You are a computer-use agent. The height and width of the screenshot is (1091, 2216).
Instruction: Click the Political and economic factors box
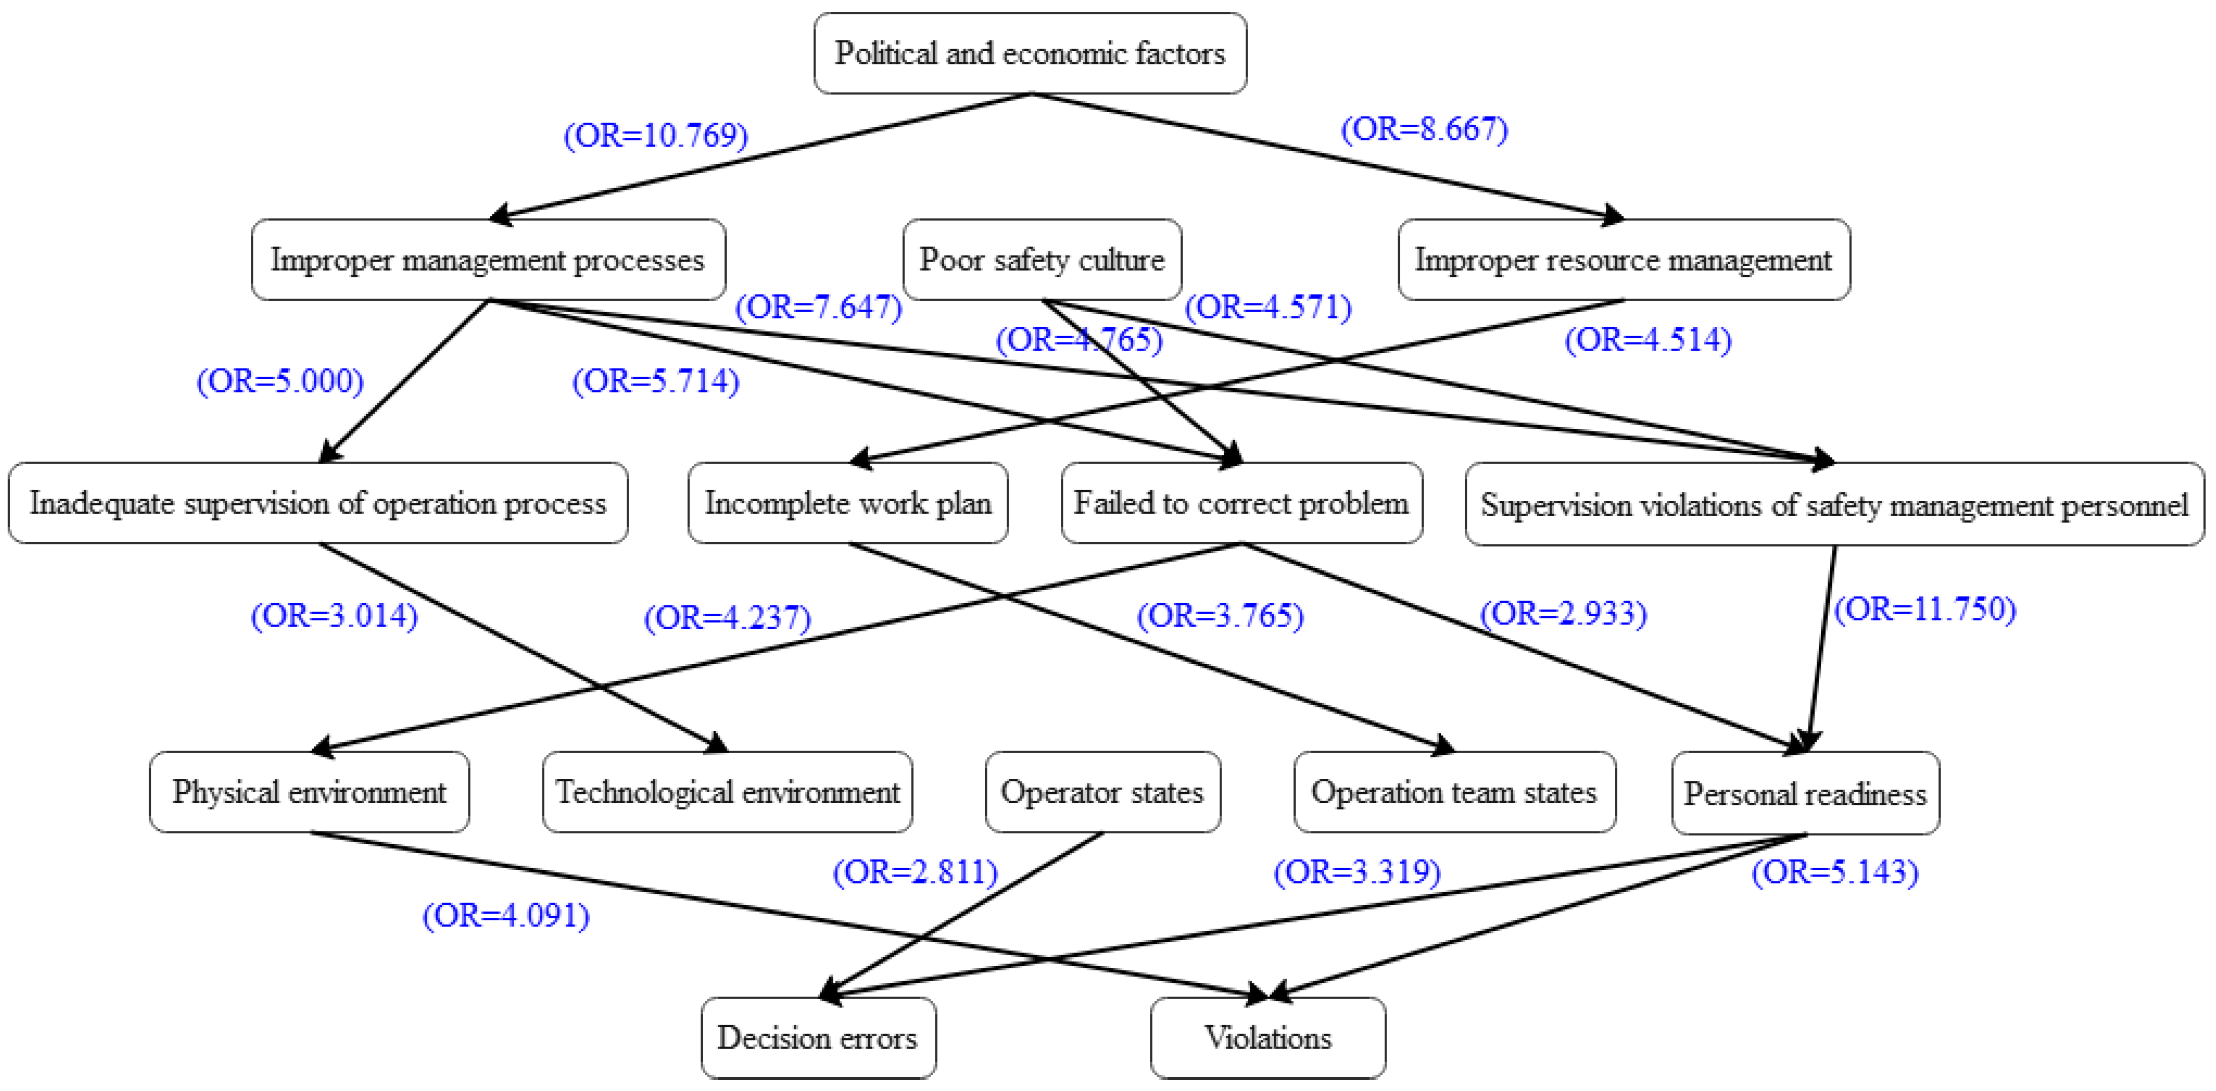[x=1030, y=53]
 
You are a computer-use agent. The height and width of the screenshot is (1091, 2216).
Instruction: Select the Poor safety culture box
[x=1042, y=259]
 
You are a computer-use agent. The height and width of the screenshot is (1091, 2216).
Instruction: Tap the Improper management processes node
[x=488, y=259]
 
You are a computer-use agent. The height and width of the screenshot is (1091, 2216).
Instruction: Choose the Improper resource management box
[x=1623, y=259]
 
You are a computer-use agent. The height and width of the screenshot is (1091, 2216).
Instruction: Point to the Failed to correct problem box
[x=1242, y=502]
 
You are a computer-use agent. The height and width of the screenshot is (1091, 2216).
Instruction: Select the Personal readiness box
[x=1805, y=793]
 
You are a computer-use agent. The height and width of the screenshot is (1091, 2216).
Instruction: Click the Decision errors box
[x=817, y=1038]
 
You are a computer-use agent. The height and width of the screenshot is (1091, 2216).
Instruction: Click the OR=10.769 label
[x=656, y=135]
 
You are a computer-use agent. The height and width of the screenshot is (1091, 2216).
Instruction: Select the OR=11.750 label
[x=1925, y=609]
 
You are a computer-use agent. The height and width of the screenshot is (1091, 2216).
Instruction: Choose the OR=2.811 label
[x=915, y=872]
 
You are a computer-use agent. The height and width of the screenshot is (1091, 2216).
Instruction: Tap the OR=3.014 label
[x=334, y=615]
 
